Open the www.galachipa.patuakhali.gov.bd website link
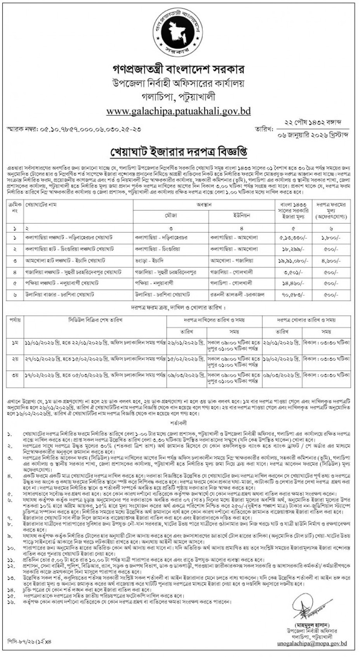tap(179, 111)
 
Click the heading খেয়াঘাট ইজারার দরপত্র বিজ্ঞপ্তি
tap(180, 150)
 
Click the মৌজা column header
tap(170, 215)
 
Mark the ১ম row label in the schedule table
tap(15, 343)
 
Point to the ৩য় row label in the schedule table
tap(15, 376)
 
